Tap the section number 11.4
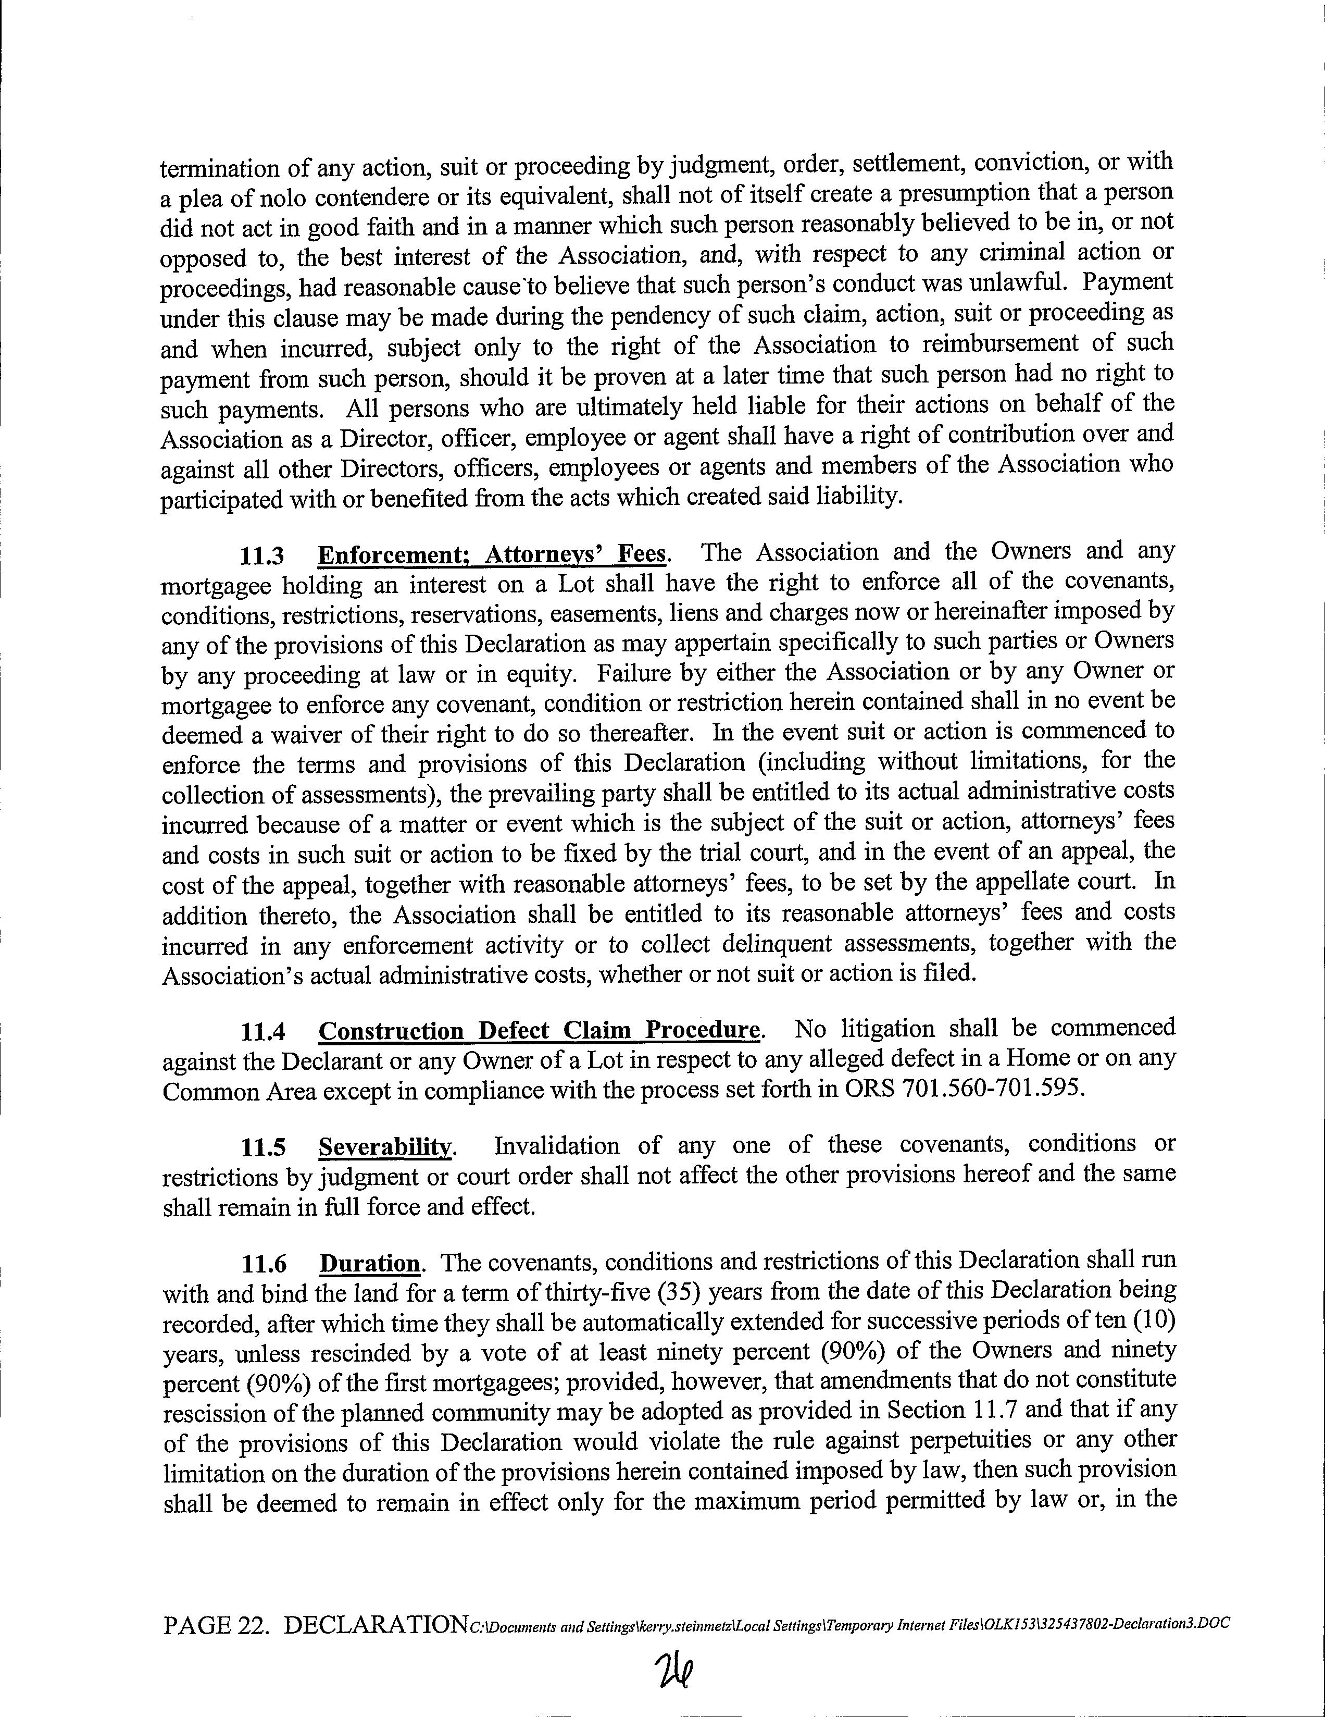pyautogui.click(x=263, y=1031)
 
